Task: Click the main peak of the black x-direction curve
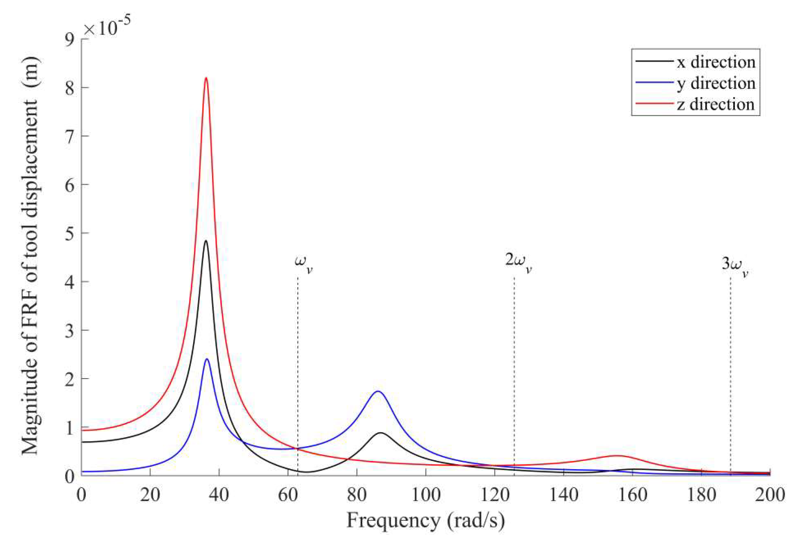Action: [206, 241]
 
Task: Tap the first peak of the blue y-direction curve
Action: [207, 359]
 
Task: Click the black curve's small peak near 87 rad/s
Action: [381, 433]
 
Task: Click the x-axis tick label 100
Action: [425, 495]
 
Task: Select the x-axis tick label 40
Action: [219, 495]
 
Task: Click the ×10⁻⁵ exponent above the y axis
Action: [107, 26]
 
